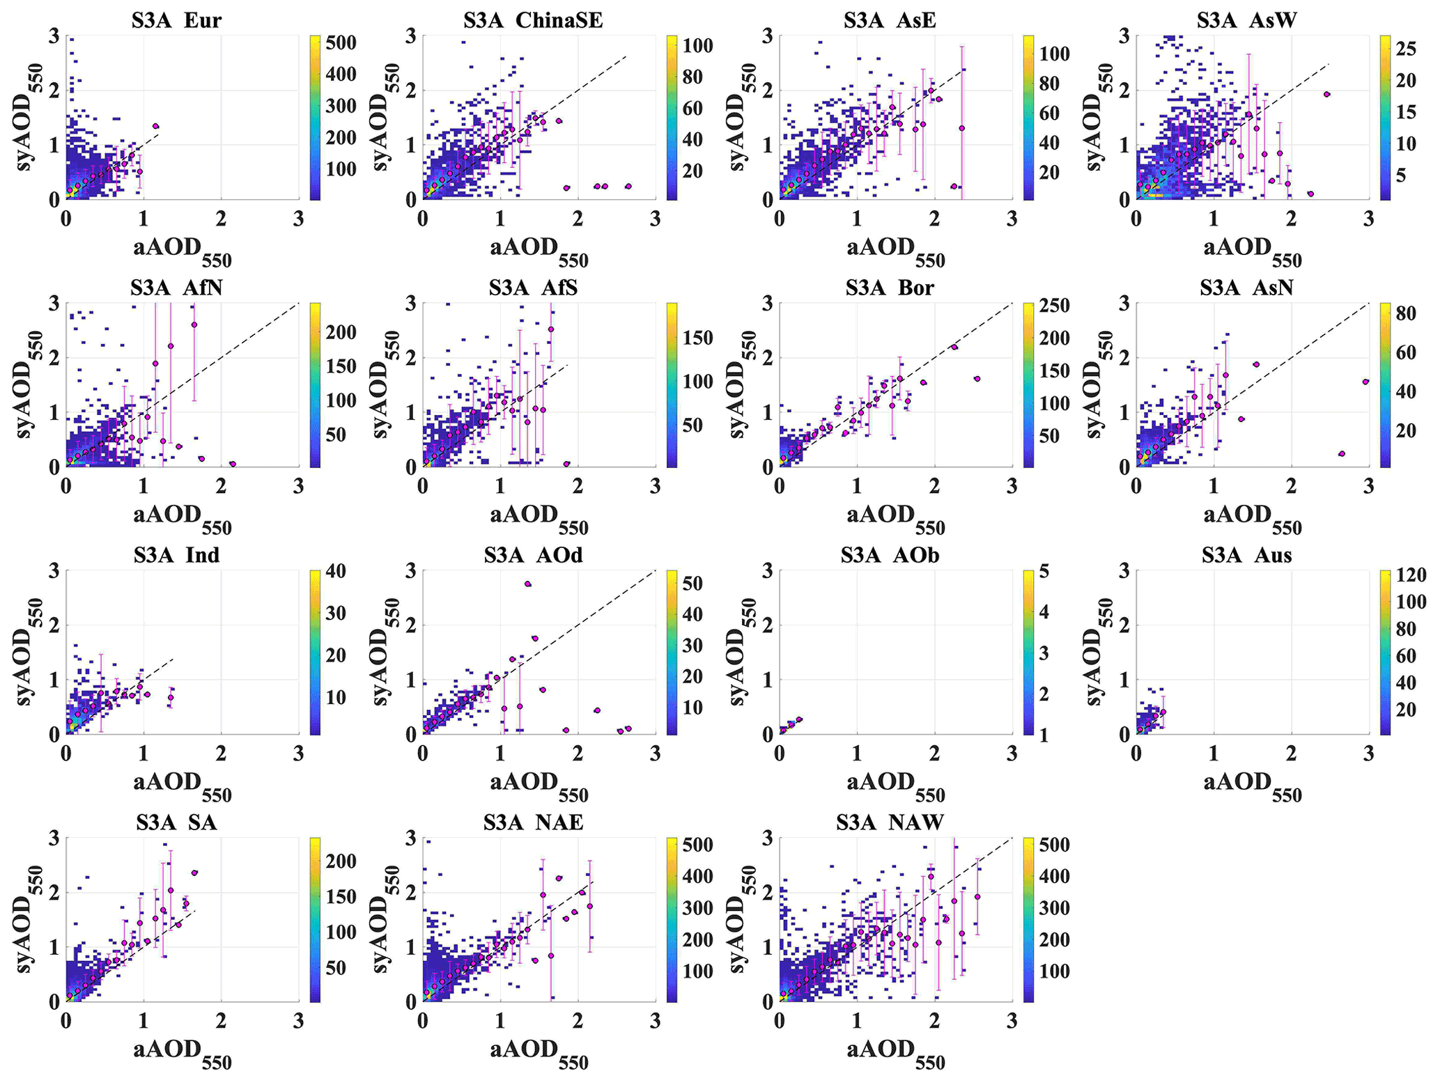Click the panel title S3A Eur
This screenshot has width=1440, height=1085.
[x=176, y=20]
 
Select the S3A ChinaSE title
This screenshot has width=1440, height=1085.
[x=533, y=20]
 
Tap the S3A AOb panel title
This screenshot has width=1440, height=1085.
[x=890, y=555]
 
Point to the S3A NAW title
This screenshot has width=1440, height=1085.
[x=890, y=822]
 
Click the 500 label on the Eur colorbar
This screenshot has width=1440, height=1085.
[x=341, y=43]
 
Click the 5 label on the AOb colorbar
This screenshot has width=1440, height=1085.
[x=1043, y=572]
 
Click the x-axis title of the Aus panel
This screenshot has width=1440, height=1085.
[x=1252, y=784]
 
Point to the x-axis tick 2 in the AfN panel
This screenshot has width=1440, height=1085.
[x=222, y=487]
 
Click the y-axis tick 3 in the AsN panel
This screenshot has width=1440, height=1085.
[x=1124, y=304]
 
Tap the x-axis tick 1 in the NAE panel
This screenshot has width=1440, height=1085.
[x=500, y=1022]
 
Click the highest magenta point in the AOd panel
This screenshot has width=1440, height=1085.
[x=527, y=584]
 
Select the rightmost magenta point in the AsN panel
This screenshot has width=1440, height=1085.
[x=1365, y=382]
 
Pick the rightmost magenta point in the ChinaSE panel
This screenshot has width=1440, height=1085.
[x=628, y=186]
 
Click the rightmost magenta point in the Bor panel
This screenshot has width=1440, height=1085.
[x=977, y=379]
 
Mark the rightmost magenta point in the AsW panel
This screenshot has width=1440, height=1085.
[x=1327, y=94]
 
